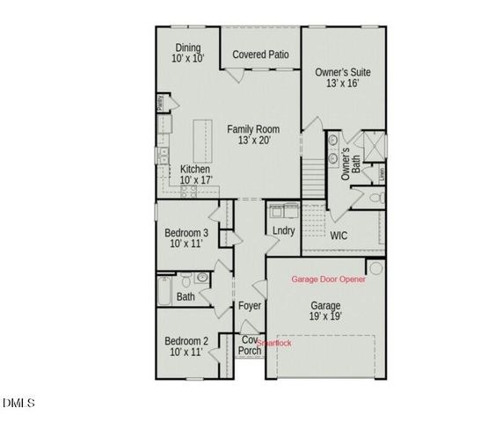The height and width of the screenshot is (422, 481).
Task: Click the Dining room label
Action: pyautogui.click(x=188, y=47)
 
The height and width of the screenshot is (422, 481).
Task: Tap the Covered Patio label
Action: pyautogui.click(x=260, y=55)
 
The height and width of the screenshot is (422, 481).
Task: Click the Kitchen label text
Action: pyautogui.click(x=195, y=169)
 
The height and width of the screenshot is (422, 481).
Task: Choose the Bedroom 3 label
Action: pyautogui.click(x=186, y=233)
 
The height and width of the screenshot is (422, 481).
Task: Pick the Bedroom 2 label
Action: pyautogui.click(x=186, y=341)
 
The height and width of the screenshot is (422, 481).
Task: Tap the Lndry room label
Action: pyautogui.click(x=283, y=231)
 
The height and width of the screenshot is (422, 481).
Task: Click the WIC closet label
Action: pyautogui.click(x=339, y=236)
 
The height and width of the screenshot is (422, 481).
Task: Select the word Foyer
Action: pyautogui.click(x=250, y=307)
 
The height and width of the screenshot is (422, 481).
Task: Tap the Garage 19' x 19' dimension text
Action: pyautogui.click(x=325, y=316)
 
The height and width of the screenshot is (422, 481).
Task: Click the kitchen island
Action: pyautogui.click(x=200, y=138)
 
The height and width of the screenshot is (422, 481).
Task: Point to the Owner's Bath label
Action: pyautogui.click(x=351, y=164)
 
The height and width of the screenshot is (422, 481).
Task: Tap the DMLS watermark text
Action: pyautogui.click(x=18, y=404)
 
